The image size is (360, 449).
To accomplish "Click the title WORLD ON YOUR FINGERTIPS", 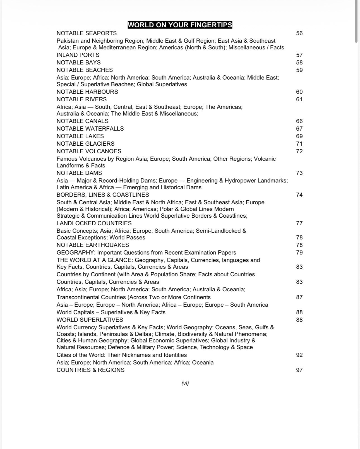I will pos(180,25).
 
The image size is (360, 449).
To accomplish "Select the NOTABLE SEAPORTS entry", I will pos(87,33).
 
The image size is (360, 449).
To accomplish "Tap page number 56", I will pos(299,33).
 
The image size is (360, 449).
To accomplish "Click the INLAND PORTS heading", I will pos(78,55).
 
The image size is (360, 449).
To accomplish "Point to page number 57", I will pos(299,55).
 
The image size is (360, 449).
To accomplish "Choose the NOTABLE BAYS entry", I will pos(78,63).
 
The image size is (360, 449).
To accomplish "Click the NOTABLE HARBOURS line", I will pos(87,92).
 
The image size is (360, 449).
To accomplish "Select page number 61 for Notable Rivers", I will pos(299,99).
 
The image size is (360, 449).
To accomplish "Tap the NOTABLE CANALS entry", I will pos(82,121).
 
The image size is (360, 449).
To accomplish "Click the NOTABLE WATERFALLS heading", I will pos(90,129).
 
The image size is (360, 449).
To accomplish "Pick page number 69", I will pos(299,136).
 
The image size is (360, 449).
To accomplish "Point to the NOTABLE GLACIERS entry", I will pos(85,144).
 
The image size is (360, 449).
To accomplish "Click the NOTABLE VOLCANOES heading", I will pos(89,151).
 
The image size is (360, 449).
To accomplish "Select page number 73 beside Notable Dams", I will pos(299,173).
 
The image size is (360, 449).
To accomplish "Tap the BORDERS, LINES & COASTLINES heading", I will pos(103,195).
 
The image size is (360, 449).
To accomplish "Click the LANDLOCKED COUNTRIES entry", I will pos(94,223).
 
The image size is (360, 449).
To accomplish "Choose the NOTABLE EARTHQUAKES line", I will pos(93,245).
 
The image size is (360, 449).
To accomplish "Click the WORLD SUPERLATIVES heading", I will pos(90,320).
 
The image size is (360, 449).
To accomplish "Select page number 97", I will pos(299,370).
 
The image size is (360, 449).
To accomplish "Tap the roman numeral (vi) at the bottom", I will pos(185,383).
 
